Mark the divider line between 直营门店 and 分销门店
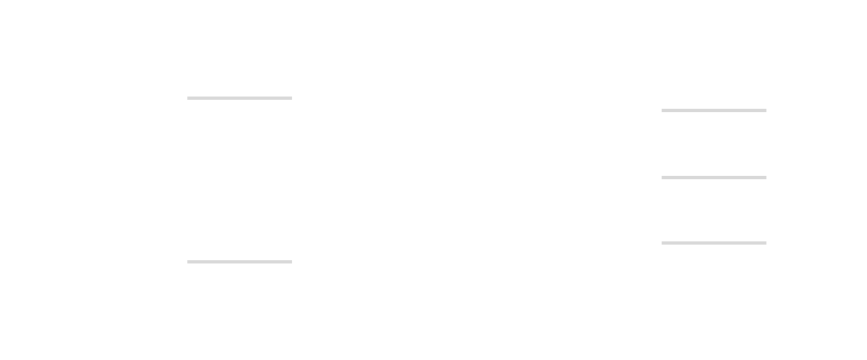[x=239, y=98]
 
